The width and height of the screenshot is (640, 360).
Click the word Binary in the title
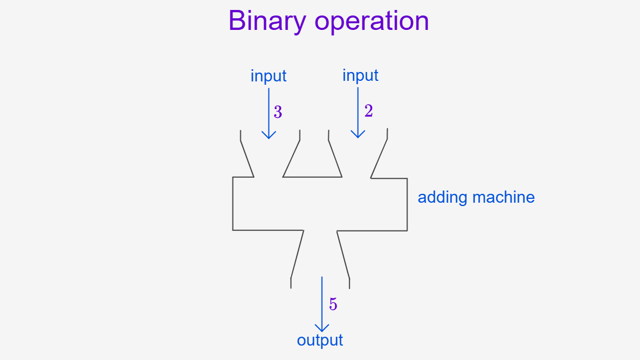tap(267, 21)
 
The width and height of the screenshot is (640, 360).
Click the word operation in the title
tap(372, 21)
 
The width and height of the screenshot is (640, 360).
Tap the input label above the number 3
tap(269, 76)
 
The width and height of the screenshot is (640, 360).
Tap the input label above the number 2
tap(360, 75)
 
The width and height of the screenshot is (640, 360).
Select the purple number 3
tap(278, 112)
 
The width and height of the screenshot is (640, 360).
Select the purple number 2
tap(369, 111)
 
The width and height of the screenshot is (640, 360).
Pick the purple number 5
tap(333, 304)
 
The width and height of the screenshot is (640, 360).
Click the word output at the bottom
tap(320, 340)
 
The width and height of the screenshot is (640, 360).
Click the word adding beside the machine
tap(442, 197)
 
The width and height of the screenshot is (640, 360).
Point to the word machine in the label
tap(504, 197)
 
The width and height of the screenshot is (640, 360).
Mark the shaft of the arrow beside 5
tap(322, 304)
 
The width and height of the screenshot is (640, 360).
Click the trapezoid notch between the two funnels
tap(312, 177)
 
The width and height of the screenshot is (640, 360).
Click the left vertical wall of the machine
tap(233, 204)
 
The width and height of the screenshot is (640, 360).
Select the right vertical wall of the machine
tap(407, 204)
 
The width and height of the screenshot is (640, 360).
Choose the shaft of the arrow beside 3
tap(269, 114)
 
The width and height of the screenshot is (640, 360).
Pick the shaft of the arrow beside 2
tap(358, 112)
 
